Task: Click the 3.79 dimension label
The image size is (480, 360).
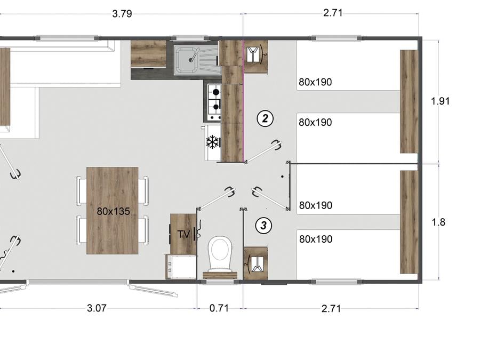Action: coord(122,14)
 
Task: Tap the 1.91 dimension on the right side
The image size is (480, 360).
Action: coord(440,101)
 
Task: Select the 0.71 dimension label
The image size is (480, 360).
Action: coord(219,308)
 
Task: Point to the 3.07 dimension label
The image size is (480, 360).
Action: coord(97,308)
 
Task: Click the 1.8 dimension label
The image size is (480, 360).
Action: coord(438,222)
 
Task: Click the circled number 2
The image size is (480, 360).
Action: coord(265,118)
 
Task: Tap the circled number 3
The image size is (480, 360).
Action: coord(263,226)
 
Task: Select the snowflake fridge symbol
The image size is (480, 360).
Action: coord(213,142)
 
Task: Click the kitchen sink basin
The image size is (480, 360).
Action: coord(186,59)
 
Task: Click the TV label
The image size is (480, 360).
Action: coord(184,235)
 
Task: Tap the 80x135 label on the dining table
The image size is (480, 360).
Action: coord(113,211)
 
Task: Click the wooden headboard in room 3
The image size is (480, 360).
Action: coord(409,222)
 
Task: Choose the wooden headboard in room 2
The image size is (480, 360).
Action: coord(409,102)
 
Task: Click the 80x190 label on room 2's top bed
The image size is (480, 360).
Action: coord(315,82)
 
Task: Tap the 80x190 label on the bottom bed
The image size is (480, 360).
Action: coord(316,239)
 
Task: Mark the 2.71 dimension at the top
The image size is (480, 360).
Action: coord(333,13)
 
